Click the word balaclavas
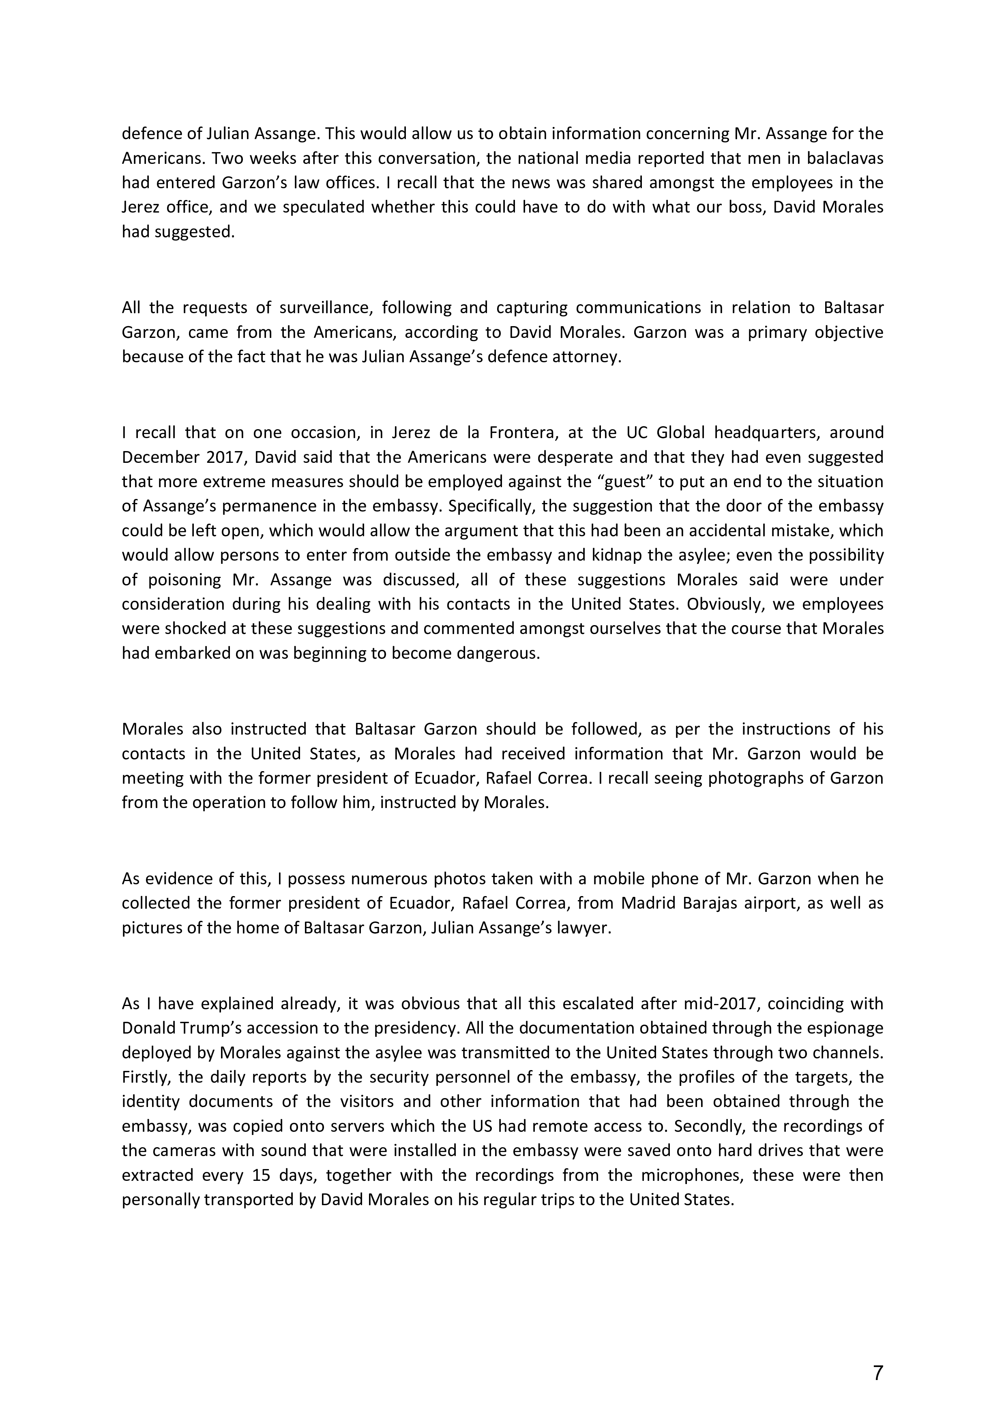[x=845, y=159]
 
